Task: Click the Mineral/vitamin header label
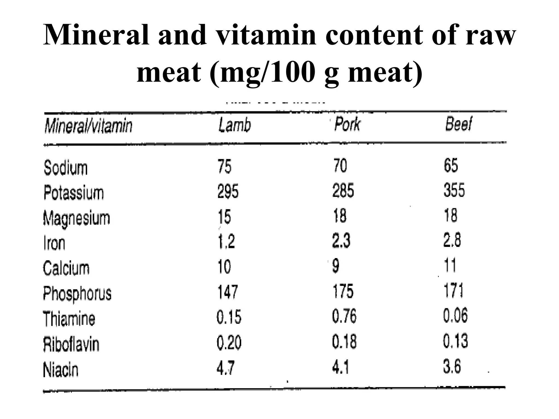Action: coord(88,126)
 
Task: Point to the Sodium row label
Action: coord(66,167)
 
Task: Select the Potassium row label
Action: coord(73,193)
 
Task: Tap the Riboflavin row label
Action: coord(71,344)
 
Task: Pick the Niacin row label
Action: coord(61,370)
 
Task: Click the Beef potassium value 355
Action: coord(454,190)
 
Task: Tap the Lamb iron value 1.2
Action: coord(226,241)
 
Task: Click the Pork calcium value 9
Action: coord(336,266)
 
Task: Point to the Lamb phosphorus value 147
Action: coord(228,292)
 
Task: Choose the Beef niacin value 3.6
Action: coord(452,366)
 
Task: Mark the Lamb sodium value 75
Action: coord(224,166)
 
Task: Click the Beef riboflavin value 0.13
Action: coord(455,341)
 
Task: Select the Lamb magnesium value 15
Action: coord(224,217)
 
